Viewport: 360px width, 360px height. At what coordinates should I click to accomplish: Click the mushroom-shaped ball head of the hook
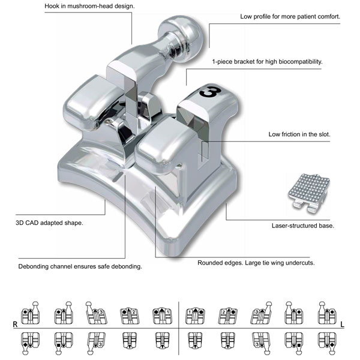coord(181,38)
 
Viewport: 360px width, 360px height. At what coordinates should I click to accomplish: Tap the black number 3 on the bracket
coord(211,92)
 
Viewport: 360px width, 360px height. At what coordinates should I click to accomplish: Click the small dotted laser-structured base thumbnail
coord(309,193)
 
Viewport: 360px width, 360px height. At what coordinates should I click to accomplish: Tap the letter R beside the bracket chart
coord(15,324)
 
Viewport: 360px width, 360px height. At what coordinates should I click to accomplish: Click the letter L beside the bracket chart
coord(343,325)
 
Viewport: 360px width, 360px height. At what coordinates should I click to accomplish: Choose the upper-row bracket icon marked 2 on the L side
coord(227,316)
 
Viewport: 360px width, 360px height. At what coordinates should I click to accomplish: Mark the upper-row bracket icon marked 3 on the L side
coord(261,313)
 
